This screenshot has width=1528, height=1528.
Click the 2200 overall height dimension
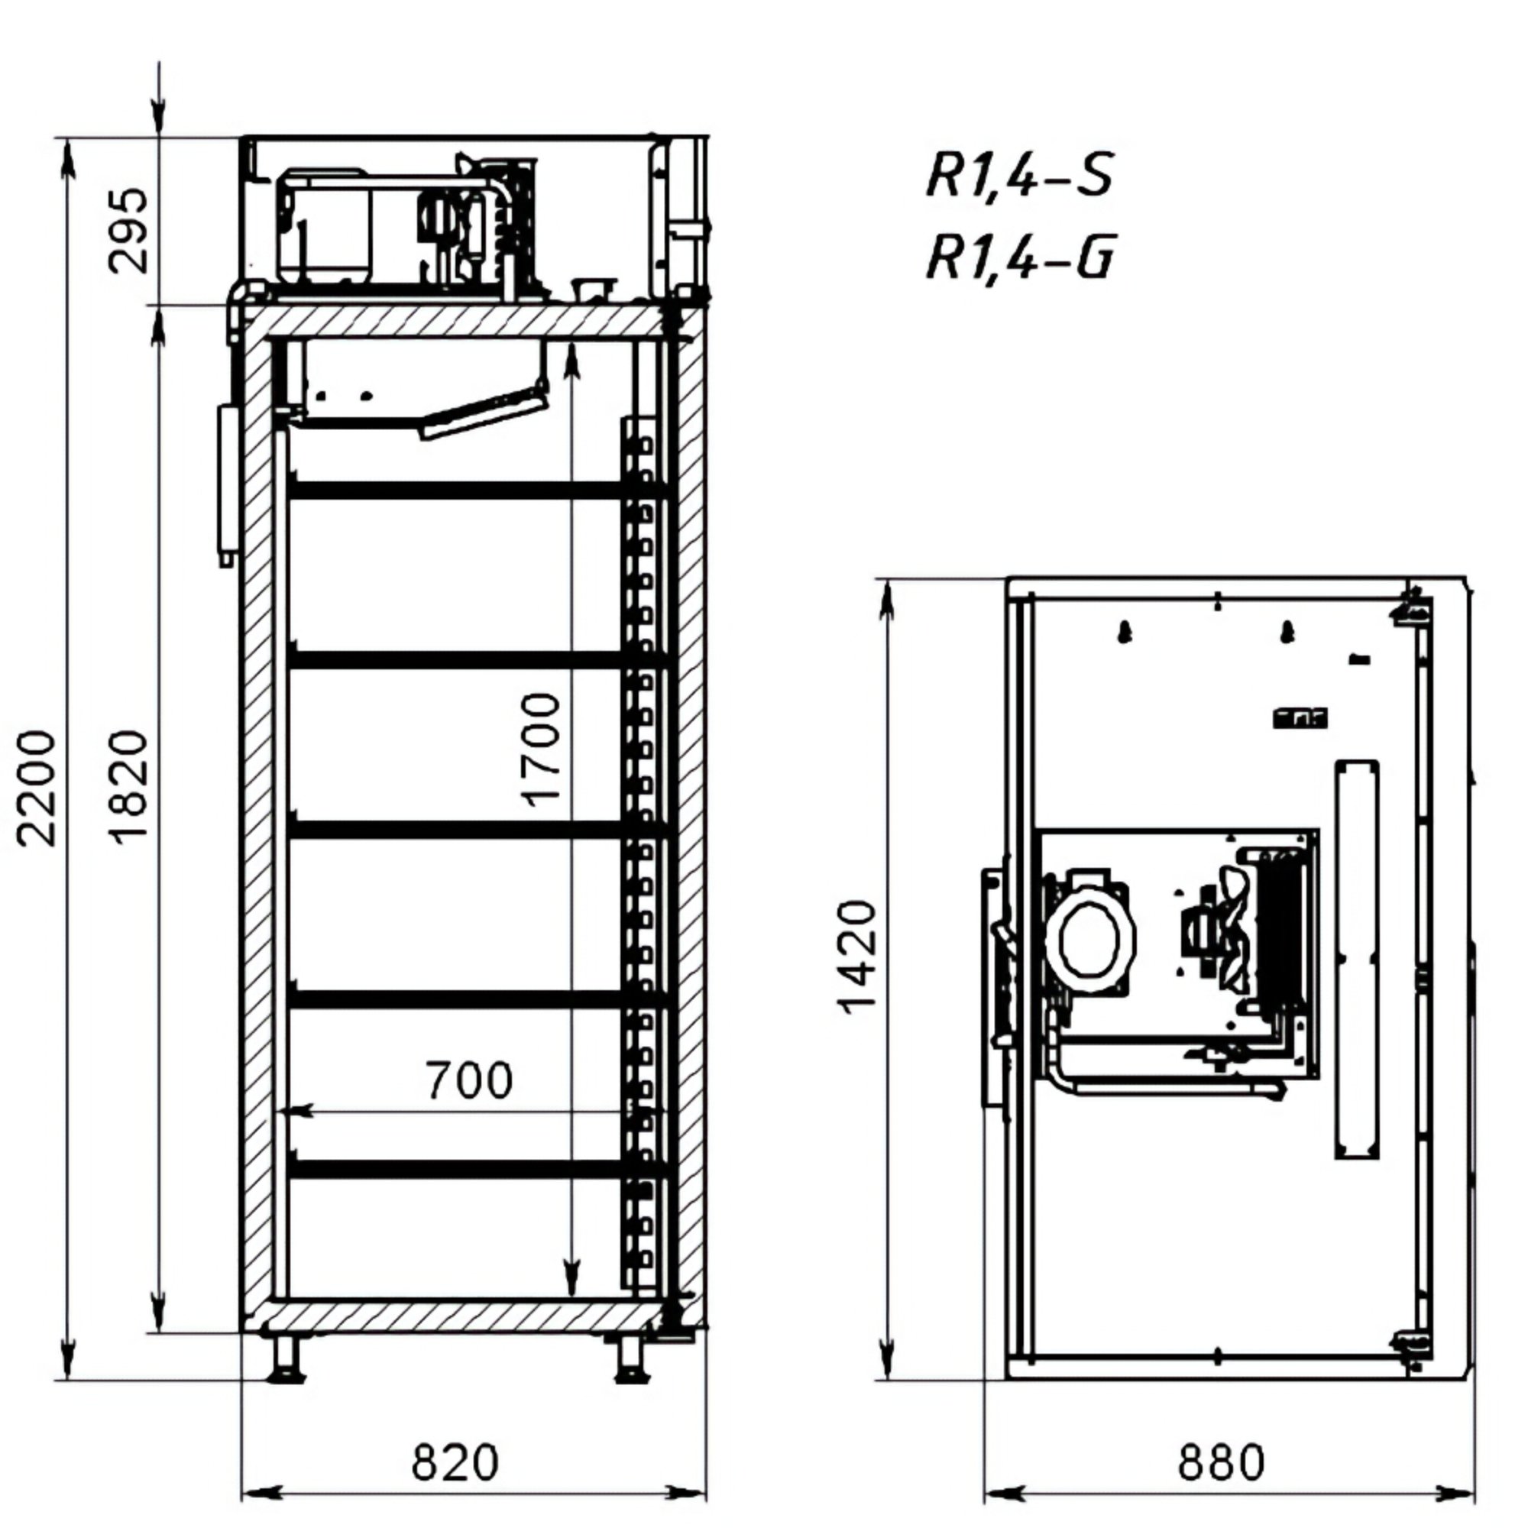(x=38, y=788)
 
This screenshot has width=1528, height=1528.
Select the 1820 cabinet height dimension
(x=128, y=788)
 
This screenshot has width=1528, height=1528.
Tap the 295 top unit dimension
(x=128, y=230)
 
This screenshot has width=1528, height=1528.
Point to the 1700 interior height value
(x=542, y=749)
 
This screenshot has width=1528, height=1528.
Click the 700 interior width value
(x=469, y=1079)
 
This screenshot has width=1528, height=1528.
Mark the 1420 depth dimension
(x=856, y=957)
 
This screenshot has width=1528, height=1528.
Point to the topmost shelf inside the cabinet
(x=477, y=490)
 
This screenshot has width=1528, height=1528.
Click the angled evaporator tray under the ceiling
(x=484, y=413)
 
